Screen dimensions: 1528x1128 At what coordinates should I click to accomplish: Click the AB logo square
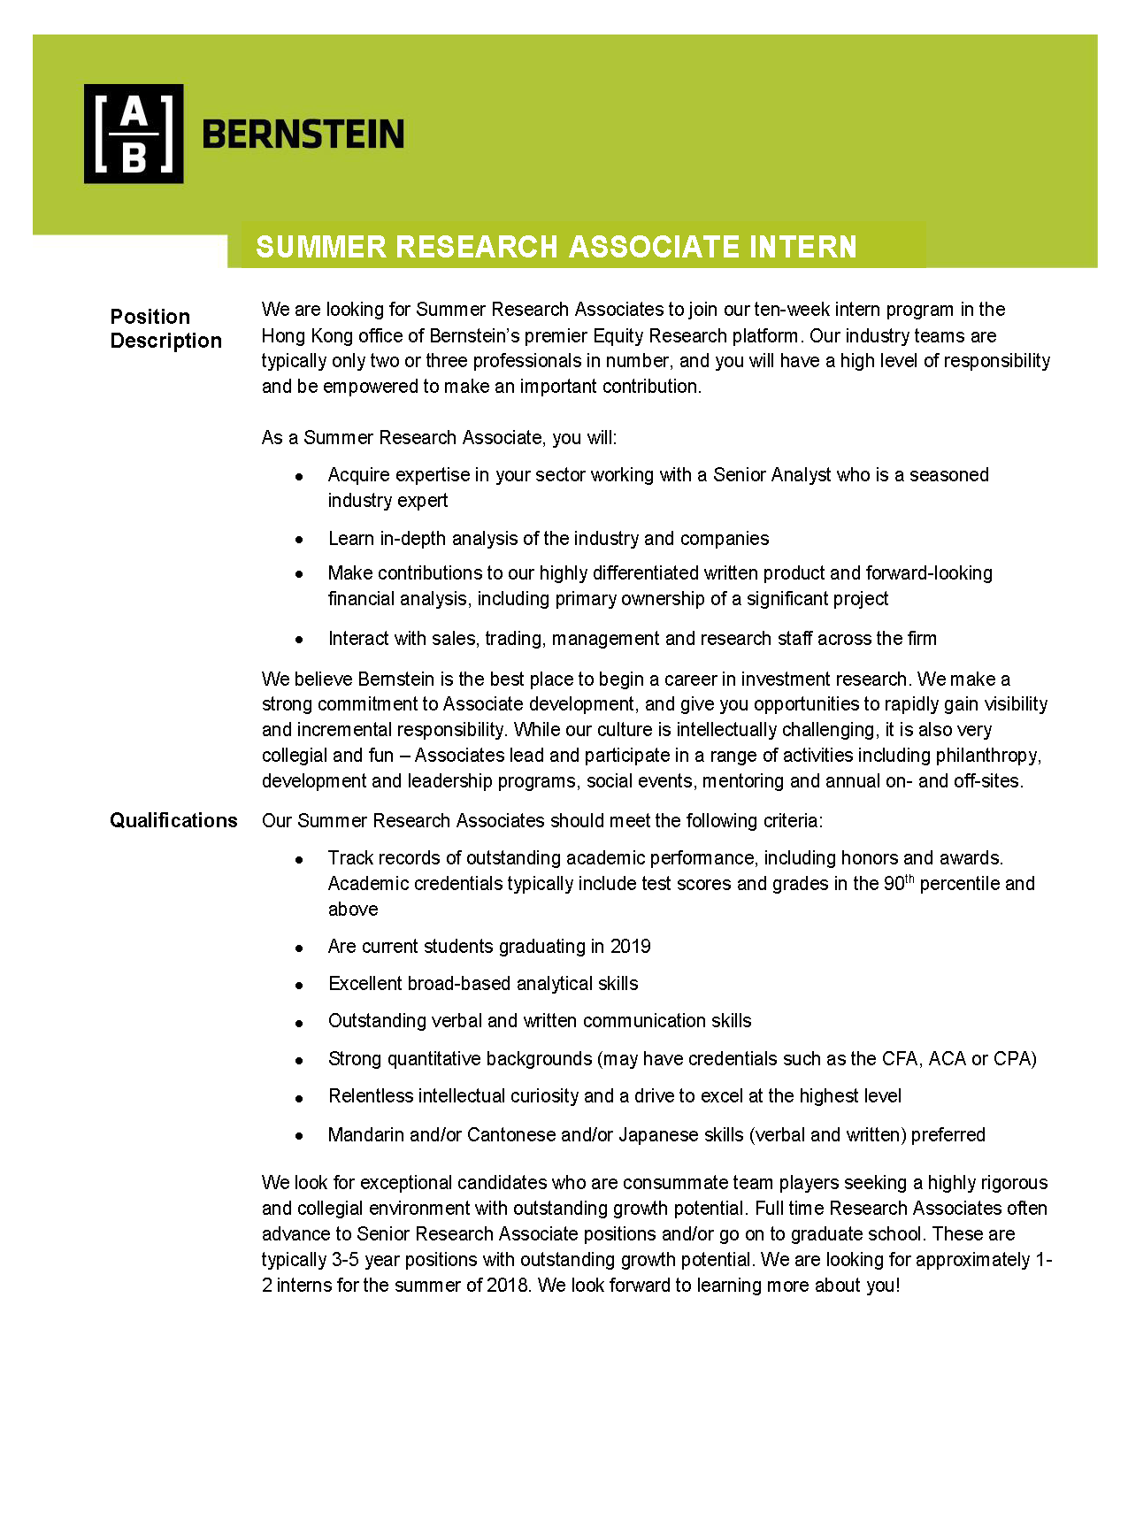pos(134,134)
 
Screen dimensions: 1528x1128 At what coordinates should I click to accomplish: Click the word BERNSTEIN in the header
pos(303,134)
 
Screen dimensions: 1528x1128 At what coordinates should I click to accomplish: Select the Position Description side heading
pos(165,328)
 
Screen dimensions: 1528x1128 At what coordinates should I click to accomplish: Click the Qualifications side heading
pos(173,820)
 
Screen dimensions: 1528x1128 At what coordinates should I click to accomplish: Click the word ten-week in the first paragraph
pos(789,310)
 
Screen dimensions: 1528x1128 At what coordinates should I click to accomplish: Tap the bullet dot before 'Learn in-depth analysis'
pos(300,539)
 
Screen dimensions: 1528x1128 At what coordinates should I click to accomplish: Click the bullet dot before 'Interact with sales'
pos(300,639)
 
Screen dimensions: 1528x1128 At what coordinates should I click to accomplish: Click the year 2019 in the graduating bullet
pos(630,947)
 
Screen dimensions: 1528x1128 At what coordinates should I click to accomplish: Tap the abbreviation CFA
pos(899,1059)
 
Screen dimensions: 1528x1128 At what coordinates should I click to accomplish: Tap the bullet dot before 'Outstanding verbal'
pos(300,1022)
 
